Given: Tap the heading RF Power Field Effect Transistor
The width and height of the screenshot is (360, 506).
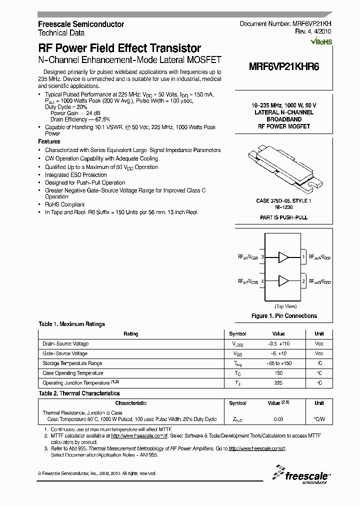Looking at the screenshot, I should click(119, 48).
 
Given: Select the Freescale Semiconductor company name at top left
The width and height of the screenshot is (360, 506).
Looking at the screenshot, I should click(81, 24).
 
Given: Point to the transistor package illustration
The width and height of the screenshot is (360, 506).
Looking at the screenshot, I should click(283, 168).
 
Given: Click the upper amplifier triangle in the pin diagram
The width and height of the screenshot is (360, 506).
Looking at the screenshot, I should click(283, 257).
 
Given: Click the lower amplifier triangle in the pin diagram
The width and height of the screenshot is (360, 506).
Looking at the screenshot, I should click(283, 280).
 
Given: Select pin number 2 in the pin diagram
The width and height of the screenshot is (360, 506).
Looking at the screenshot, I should click(303, 281).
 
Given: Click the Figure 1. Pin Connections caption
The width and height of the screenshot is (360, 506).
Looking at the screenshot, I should click(283, 316).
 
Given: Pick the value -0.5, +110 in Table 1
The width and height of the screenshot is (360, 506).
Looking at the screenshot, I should click(278, 344).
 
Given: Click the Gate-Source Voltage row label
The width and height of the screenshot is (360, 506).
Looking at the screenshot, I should click(65, 353).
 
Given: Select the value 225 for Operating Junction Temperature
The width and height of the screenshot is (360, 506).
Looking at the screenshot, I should click(278, 383).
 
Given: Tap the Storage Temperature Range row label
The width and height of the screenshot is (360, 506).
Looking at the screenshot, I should click(72, 363).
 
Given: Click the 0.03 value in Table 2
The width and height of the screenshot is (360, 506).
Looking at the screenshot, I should click(278, 419).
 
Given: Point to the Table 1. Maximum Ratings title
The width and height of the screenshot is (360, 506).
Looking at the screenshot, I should click(71, 324).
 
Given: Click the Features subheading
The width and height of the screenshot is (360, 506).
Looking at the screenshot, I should click(49, 142).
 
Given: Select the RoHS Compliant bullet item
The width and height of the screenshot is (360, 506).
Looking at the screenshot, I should click(64, 204).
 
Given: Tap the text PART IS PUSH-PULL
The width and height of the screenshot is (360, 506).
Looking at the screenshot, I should click(283, 218).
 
